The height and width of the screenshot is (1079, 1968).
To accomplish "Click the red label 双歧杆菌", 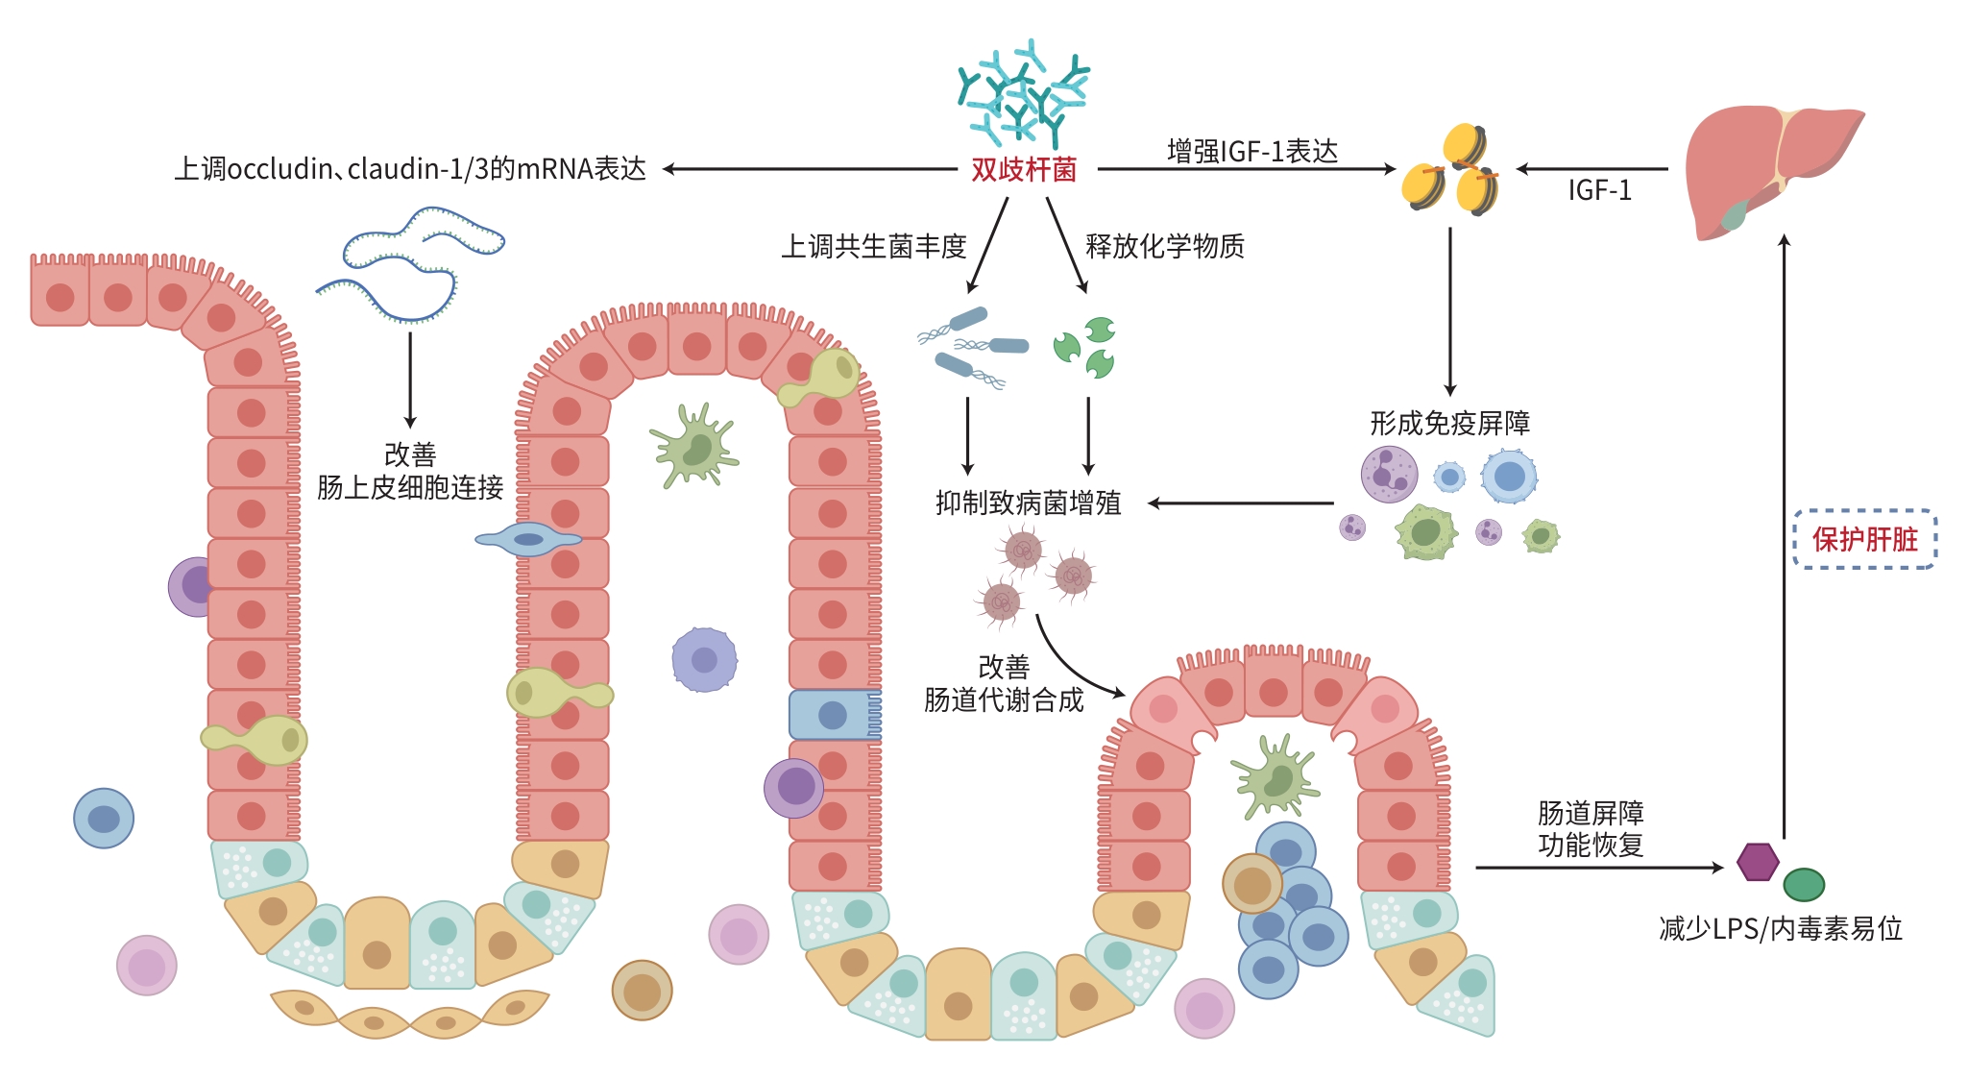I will pyautogui.click(x=1023, y=170).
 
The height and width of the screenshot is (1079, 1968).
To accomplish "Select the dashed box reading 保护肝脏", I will pyautogui.click(x=1864, y=539).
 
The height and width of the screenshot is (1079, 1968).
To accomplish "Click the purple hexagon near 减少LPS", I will pyautogui.click(x=1758, y=862).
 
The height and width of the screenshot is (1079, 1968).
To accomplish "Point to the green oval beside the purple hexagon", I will pyautogui.click(x=1804, y=884).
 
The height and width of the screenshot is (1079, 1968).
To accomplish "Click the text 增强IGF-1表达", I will pyautogui.click(x=1252, y=151).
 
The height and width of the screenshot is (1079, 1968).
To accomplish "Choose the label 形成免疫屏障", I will pyautogui.click(x=1449, y=423).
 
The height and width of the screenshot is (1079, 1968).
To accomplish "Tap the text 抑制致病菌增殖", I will pyautogui.click(x=1028, y=503).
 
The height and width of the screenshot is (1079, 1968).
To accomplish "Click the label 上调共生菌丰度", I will pyautogui.click(x=873, y=247).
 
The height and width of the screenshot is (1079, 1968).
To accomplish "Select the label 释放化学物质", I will pyautogui.click(x=1164, y=247).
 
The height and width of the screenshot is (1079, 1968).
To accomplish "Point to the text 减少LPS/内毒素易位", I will pyautogui.click(x=1780, y=928).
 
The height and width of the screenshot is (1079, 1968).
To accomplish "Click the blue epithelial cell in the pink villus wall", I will pyautogui.click(x=832, y=715).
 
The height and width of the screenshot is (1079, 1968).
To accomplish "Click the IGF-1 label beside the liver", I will pyautogui.click(x=1599, y=190).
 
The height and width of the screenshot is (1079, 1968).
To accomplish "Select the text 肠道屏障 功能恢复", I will pyautogui.click(x=1591, y=829).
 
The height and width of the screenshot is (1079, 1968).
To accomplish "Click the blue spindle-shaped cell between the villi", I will pyautogui.click(x=528, y=539).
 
